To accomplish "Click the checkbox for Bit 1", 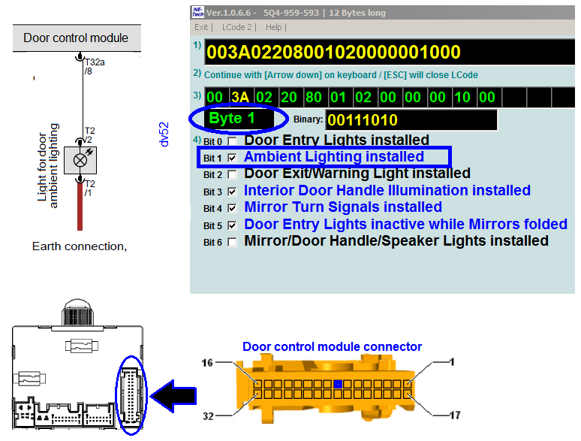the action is click(232, 158).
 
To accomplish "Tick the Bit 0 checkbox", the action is click(232, 141).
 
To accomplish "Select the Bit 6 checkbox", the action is click(232, 242).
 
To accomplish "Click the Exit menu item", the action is click(201, 27).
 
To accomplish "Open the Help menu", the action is click(273, 27).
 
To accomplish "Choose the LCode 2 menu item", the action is click(236, 27).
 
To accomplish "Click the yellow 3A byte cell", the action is click(240, 97).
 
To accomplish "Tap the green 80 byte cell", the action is click(314, 97).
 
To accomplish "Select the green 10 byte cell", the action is click(462, 97).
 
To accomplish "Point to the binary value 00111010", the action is click(363, 119).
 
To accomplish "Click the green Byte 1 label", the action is click(232, 118).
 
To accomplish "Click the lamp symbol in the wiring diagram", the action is click(80, 160).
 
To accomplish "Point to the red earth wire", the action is click(80, 206).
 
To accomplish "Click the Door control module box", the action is click(77, 38).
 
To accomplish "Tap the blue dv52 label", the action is click(164, 134).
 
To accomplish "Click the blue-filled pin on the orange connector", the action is click(337, 384).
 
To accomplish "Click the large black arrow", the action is click(173, 396).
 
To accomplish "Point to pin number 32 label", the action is click(208, 416).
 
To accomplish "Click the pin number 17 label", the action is click(455, 415).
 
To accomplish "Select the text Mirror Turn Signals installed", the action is click(343, 207).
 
